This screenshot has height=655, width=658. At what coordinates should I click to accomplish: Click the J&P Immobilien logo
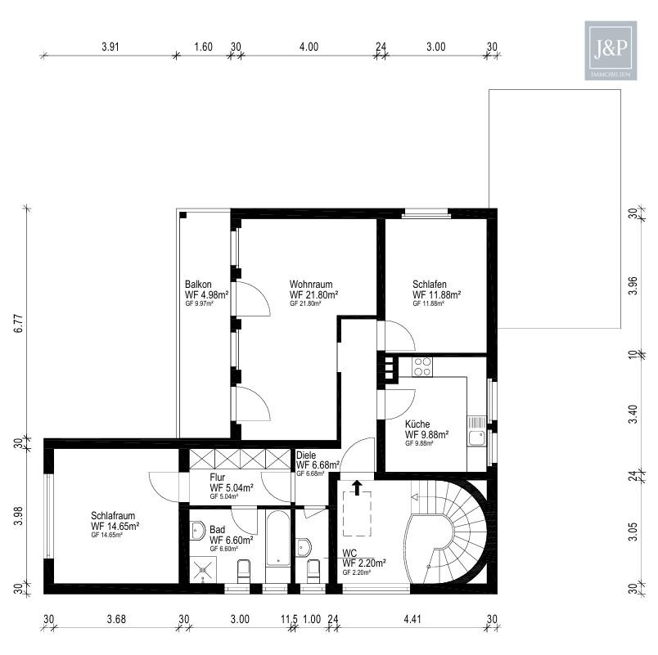(x=611, y=51)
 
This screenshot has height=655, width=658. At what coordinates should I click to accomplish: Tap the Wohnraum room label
(x=311, y=285)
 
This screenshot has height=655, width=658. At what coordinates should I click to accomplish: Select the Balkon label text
(x=198, y=285)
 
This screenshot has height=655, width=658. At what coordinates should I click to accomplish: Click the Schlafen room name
(x=430, y=285)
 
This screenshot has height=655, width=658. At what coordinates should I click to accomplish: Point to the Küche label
(x=417, y=424)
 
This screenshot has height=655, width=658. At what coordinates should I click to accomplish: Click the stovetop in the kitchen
(x=422, y=366)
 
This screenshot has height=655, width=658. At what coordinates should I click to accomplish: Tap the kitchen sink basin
(x=476, y=438)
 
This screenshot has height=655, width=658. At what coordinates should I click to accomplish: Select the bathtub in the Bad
(x=277, y=538)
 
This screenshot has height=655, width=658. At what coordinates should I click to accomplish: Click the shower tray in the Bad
(x=203, y=569)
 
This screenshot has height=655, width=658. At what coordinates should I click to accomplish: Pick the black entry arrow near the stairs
(x=357, y=487)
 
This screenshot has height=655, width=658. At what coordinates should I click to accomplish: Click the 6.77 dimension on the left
(x=19, y=323)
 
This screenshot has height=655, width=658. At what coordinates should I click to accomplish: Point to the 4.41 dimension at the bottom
(x=412, y=619)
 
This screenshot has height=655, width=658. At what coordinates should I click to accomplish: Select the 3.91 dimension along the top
(x=110, y=47)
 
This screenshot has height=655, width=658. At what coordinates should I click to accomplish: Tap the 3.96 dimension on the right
(x=633, y=285)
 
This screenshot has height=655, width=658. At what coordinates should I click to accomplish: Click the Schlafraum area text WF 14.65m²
(x=115, y=526)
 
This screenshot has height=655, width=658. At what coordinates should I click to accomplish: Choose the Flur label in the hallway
(x=218, y=478)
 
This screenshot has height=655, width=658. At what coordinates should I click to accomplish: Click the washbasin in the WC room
(x=304, y=547)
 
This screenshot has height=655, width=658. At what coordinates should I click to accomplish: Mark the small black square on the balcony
(x=183, y=215)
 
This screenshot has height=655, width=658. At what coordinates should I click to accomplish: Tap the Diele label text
(x=306, y=455)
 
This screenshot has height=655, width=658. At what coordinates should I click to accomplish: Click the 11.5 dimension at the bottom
(x=289, y=619)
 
